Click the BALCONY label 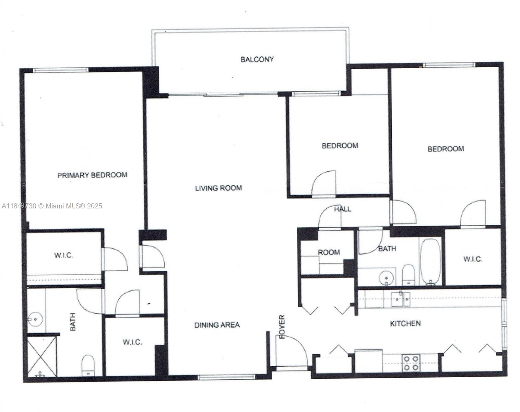click(257, 59)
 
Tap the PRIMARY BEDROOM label click(92, 175)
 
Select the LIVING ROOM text click(218, 188)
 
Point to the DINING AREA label click(217, 325)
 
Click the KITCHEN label click(405, 323)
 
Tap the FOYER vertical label click(282, 327)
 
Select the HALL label click(342, 209)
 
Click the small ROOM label click(329, 252)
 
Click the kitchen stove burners click(411, 363)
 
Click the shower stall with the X click(42, 356)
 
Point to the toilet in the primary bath click(88, 365)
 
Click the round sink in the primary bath click(35, 319)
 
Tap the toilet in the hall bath click(409, 275)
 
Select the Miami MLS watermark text click(52, 206)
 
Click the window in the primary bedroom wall click(61, 70)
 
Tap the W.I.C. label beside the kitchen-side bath click(473, 259)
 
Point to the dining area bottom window click(227, 377)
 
